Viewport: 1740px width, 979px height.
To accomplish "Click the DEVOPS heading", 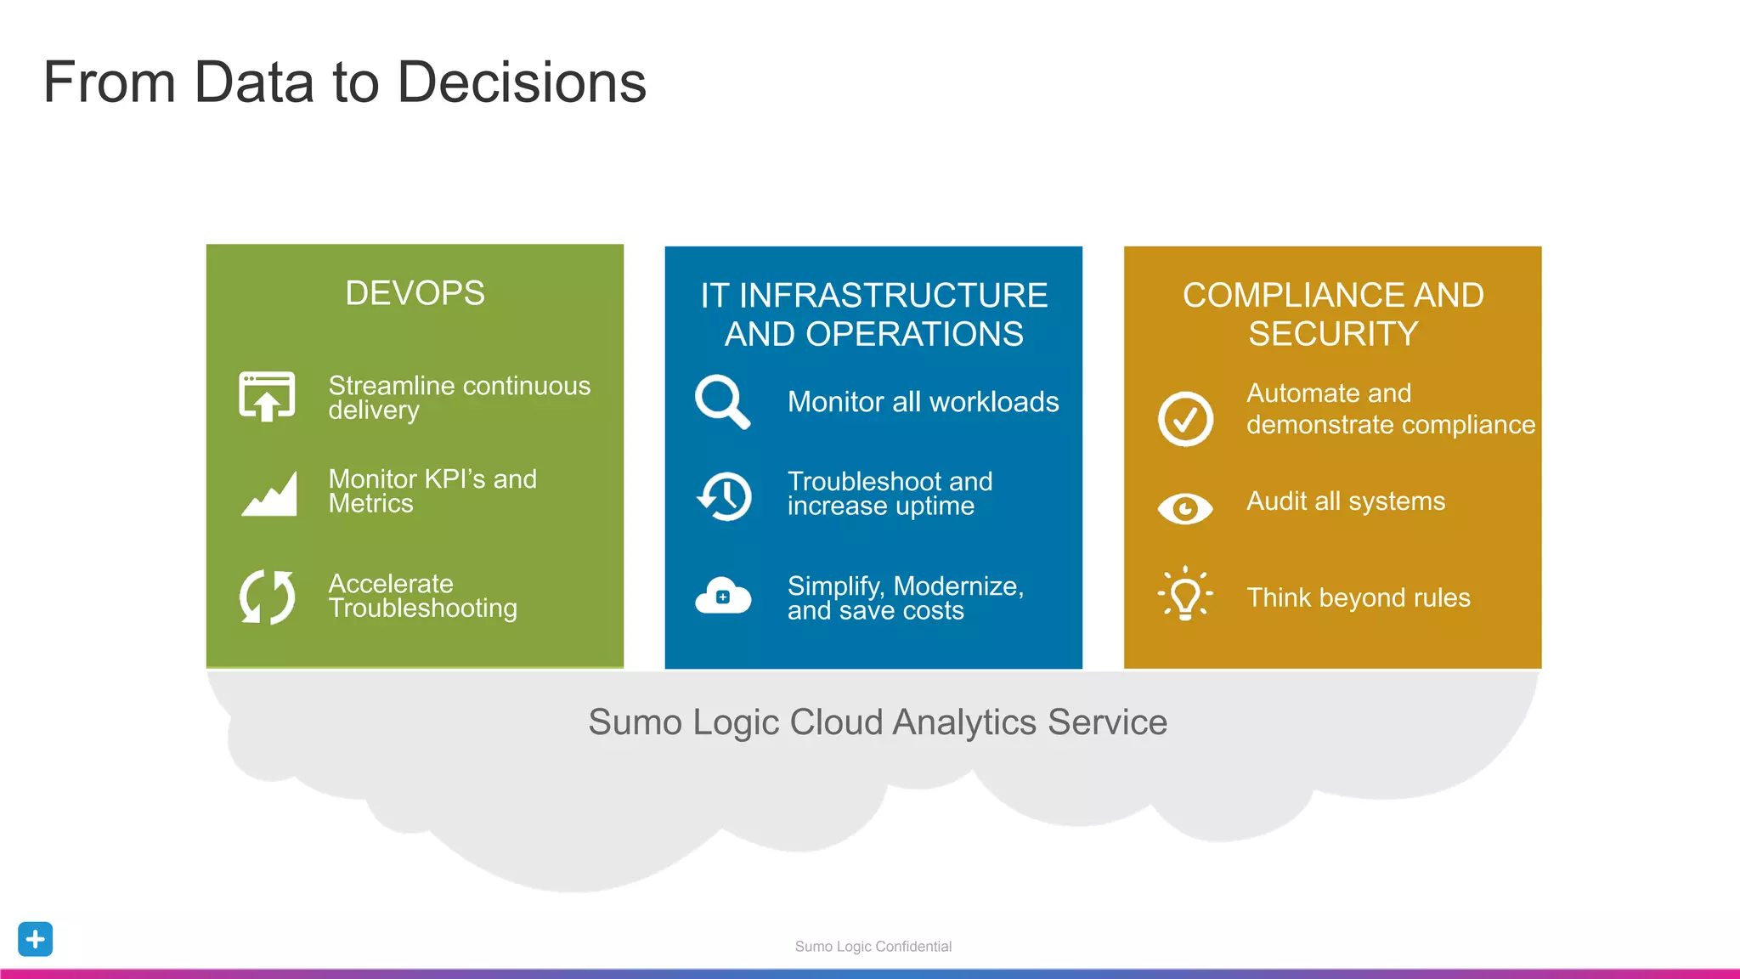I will (x=415, y=293).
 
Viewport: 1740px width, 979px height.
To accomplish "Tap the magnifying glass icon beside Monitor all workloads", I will (x=721, y=400).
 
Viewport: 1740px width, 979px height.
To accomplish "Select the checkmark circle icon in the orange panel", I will (x=1185, y=419).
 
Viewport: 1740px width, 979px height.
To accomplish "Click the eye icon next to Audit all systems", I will (x=1185, y=508).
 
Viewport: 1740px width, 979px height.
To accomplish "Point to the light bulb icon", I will (x=1185, y=594).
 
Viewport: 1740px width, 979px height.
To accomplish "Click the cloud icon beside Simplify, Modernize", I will (x=723, y=596).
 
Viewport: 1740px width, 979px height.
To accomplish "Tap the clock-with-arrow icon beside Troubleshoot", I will (x=725, y=495).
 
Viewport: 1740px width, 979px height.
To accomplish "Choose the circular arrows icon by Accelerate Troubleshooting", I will (x=267, y=597).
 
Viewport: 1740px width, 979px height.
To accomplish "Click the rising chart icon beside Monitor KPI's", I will (x=269, y=494).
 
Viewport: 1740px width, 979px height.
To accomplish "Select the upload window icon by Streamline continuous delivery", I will (x=267, y=396).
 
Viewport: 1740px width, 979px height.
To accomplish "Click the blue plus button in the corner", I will (x=36, y=939).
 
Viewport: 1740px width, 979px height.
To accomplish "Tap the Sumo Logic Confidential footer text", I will (x=873, y=947).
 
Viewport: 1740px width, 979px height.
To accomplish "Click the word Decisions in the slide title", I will (x=521, y=82).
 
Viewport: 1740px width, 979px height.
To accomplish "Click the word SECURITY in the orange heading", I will (x=1333, y=334).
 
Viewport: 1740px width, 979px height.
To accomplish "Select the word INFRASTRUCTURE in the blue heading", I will (x=893, y=296).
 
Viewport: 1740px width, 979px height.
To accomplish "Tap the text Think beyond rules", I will (x=1358, y=597).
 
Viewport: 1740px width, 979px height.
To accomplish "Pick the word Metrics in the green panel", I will (x=370, y=504).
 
